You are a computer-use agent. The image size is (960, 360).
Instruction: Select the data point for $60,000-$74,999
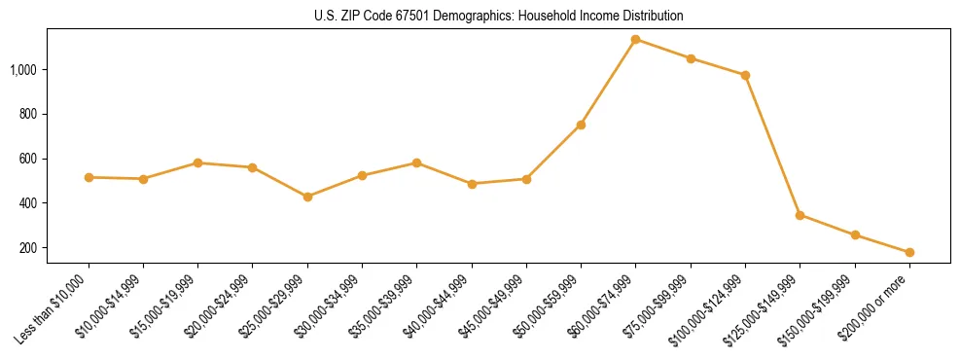pos(636,40)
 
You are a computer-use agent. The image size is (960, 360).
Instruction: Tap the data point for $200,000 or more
pos(909,252)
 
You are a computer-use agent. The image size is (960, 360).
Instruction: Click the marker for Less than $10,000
pos(89,177)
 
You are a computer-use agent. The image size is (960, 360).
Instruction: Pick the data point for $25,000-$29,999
pos(307,197)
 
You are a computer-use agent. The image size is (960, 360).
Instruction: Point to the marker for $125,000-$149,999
pos(800,215)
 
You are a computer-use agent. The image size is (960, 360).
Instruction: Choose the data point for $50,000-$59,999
pos(581,125)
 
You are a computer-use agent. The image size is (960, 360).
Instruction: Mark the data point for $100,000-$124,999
pos(745,75)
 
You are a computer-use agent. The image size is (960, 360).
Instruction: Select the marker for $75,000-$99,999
pos(691,58)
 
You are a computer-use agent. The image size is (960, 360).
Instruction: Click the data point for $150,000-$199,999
pos(855,234)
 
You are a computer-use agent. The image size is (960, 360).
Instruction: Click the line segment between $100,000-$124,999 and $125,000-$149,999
pos(772,145)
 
